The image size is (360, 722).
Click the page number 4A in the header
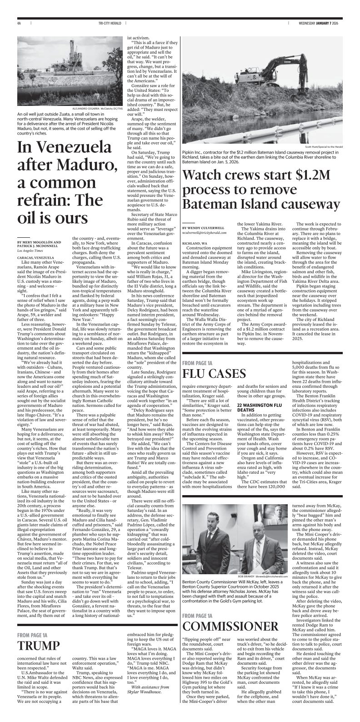click(x=19, y=23)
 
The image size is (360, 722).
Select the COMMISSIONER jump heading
click(x=230, y=626)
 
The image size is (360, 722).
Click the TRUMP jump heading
click(x=39, y=646)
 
